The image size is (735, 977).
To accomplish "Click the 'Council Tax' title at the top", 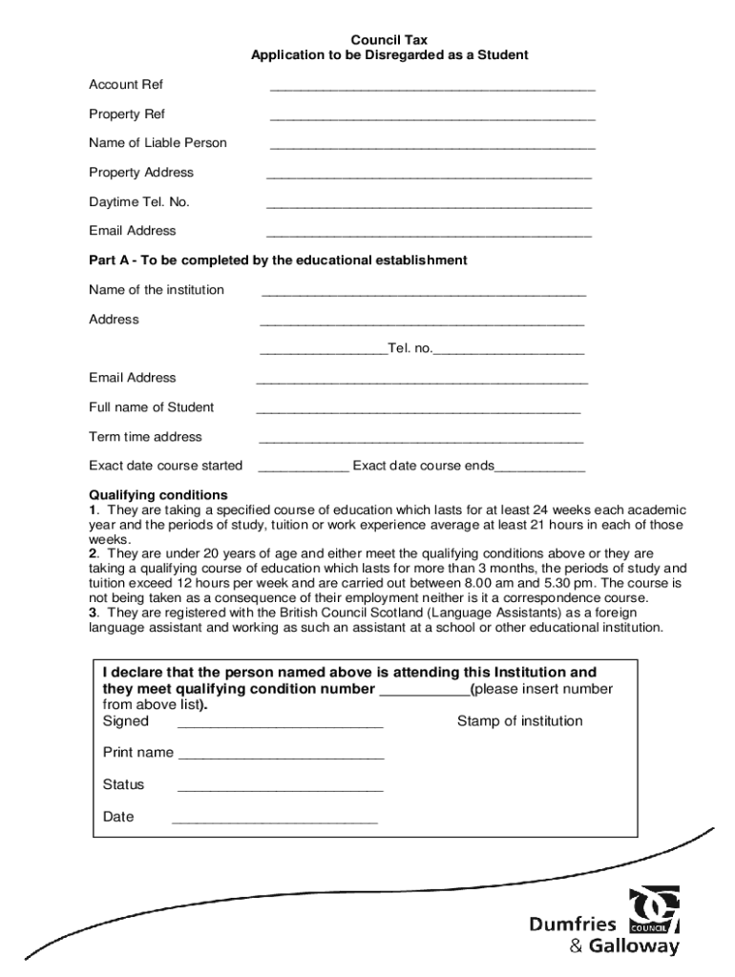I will [x=388, y=40].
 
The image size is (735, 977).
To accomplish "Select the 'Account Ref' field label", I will [x=126, y=85].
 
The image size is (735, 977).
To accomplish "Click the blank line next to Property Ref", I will [x=432, y=118].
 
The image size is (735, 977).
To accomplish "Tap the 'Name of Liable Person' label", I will [x=157, y=143].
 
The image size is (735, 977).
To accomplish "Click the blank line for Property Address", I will [x=429, y=177].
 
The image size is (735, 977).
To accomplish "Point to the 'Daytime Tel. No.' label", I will [x=139, y=202].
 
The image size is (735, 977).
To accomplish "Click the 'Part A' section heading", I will [x=278, y=260].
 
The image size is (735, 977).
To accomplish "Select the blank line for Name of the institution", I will [x=423, y=294].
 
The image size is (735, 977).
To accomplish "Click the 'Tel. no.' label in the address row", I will [x=409, y=349].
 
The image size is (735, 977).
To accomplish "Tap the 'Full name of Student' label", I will [x=151, y=407].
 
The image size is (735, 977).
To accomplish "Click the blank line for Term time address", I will [x=421, y=441].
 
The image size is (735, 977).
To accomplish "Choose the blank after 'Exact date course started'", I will [x=304, y=469].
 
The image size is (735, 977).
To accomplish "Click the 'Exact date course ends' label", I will [x=423, y=466].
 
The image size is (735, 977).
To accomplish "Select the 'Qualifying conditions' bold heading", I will [x=158, y=495].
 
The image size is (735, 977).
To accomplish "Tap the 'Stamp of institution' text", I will [x=519, y=721].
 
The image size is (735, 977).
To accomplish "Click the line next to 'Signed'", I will [x=281, y=725].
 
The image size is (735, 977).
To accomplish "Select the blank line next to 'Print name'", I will [x=282, y=757].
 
